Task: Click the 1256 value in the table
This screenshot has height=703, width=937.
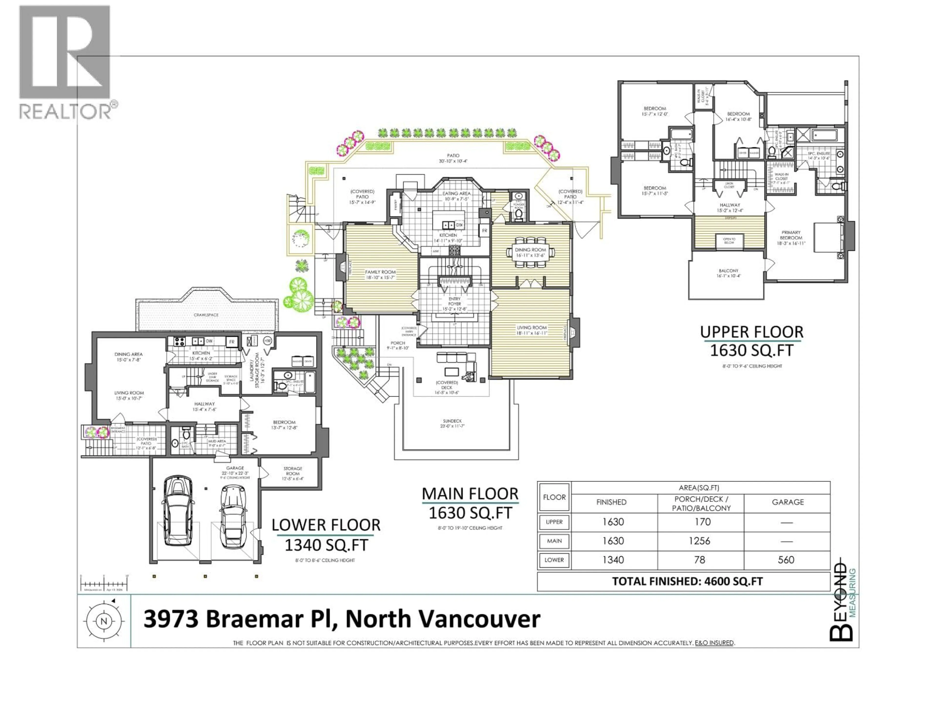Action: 702,541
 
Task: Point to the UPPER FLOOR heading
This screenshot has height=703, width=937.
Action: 752,332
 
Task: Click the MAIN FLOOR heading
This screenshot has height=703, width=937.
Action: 470,494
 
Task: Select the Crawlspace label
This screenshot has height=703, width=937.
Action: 206,315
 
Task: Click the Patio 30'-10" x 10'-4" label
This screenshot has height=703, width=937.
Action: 453,158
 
